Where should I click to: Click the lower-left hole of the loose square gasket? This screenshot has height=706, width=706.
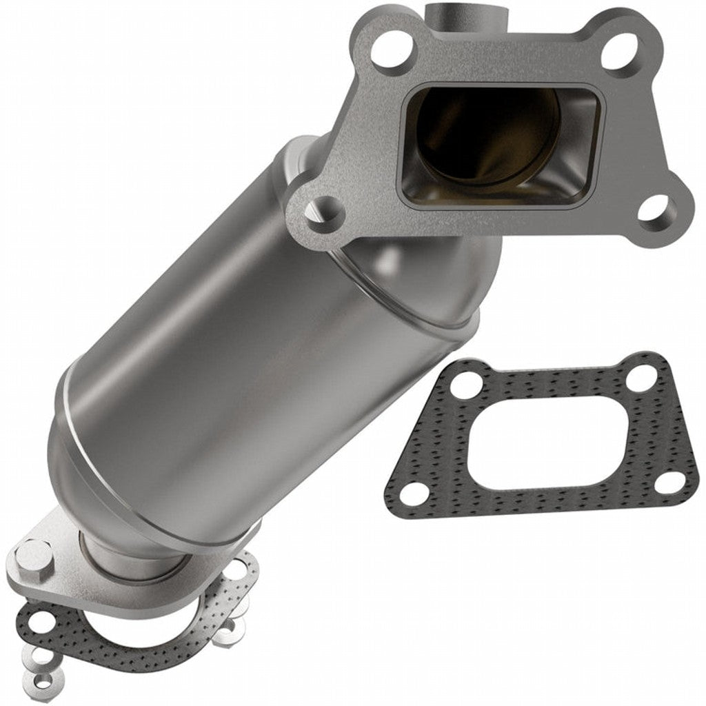[412, 492]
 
